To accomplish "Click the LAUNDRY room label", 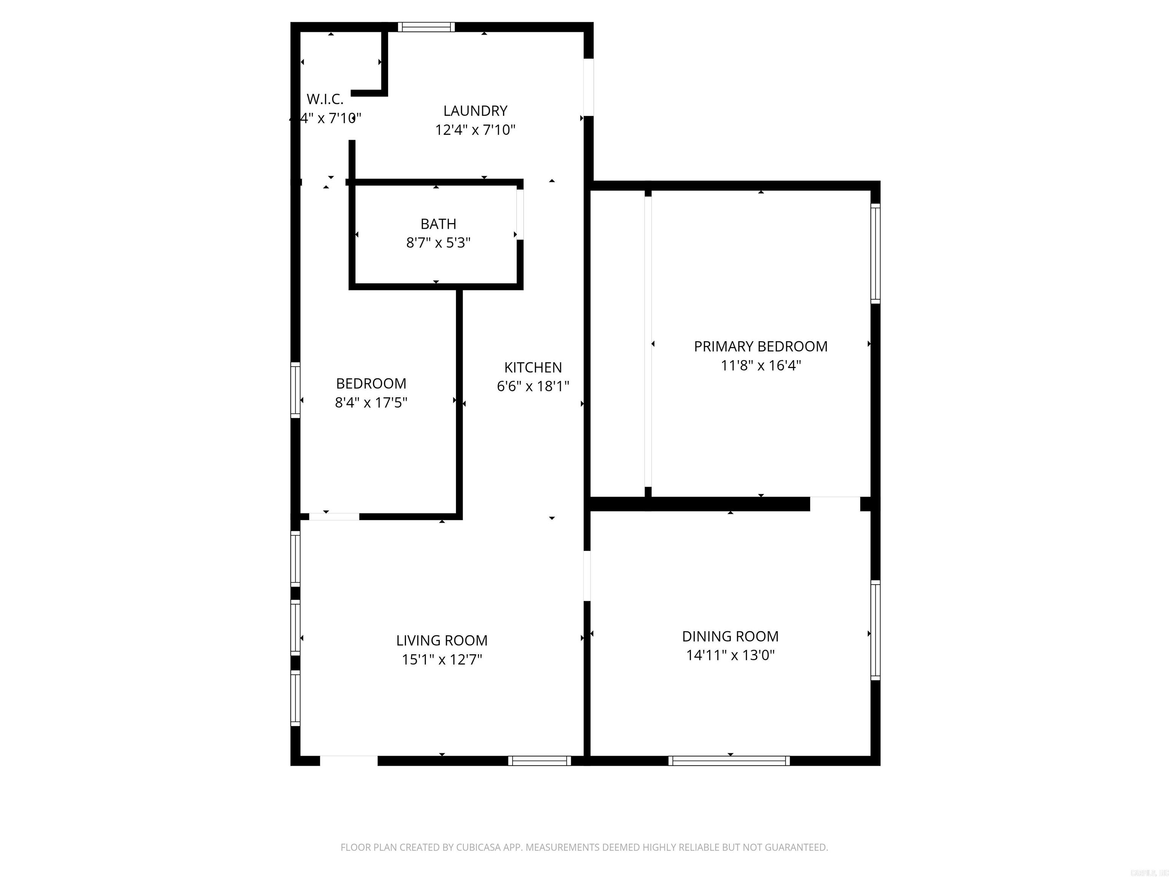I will coord(475,111).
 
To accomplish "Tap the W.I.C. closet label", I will coord(325,99).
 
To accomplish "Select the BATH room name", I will coord(438,224).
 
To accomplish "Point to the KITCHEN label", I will coord(533,367).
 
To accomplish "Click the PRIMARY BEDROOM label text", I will coord(760,347).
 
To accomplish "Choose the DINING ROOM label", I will coord(730,636).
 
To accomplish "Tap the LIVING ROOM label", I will coord(442,641).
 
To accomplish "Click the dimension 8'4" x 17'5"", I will coord(371,403).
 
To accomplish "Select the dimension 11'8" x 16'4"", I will coord(760,366).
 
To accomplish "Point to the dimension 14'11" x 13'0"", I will coord(730,655).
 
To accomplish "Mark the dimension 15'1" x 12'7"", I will coord(442,660).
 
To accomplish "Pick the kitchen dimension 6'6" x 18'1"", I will coord(533,386).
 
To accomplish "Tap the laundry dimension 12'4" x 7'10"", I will coord(475,130).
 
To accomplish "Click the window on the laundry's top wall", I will coord(426,27).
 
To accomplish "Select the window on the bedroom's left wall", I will coord(295,390).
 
